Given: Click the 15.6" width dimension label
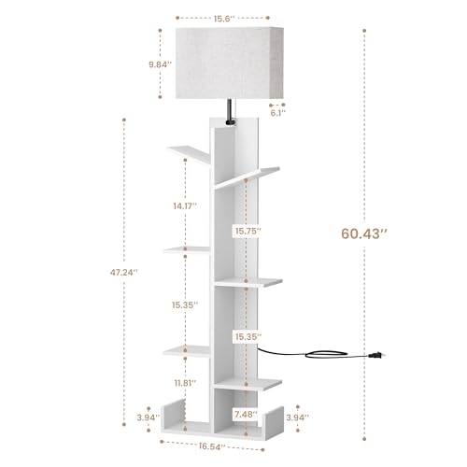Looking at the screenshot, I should (x=222, y=16).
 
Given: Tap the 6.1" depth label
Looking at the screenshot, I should (x=277, y=116).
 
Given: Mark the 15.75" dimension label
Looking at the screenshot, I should (x=248, y=230).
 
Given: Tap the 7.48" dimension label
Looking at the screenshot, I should (x=247, y=414).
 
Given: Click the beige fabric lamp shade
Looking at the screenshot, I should (x=222, y=64).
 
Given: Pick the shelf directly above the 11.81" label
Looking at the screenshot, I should (x=190, y=349).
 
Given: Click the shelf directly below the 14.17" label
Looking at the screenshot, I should (x=190, y=248).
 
